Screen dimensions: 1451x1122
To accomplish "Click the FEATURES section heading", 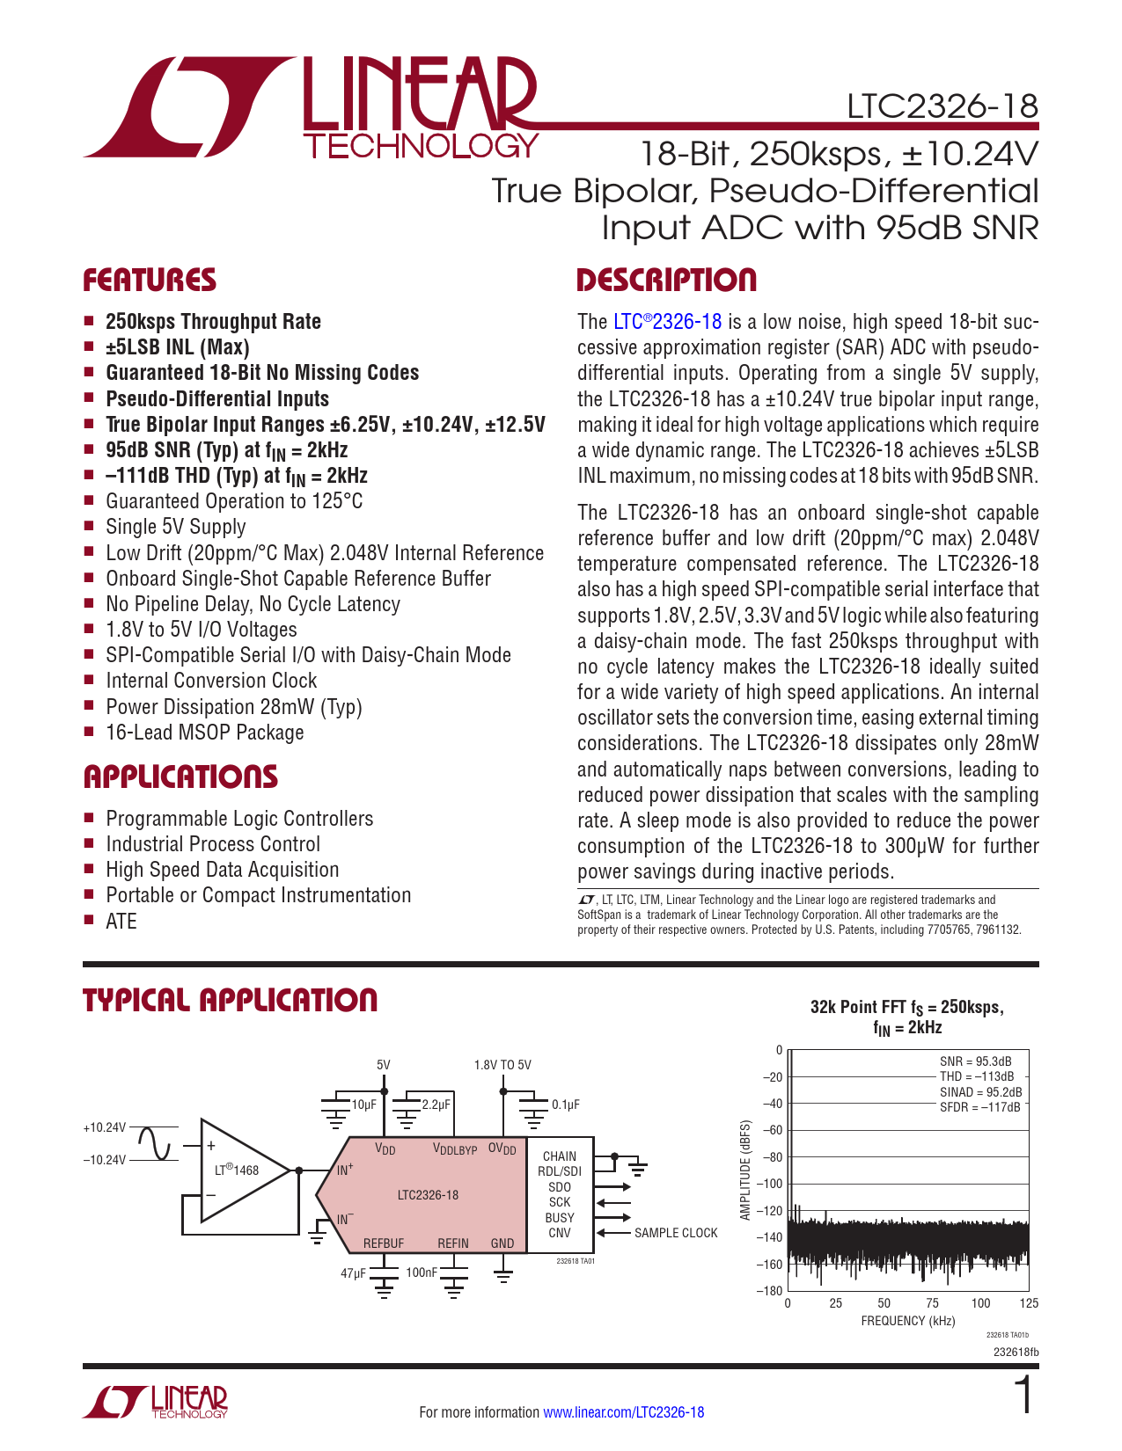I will tap(150, 281).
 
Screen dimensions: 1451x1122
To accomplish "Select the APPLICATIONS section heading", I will tap(180, 777).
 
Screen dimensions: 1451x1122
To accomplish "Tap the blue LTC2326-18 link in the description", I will tap(667, 322).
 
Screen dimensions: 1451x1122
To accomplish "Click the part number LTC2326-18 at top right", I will tap(942, 106).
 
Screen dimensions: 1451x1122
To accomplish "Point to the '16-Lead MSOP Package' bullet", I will tap(204, 733).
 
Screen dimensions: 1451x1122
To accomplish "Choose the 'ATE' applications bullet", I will tap(121, 921).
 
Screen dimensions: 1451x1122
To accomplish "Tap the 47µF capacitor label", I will tap(353, 1272).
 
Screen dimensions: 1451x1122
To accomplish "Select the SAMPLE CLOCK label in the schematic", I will tap(676, 1233).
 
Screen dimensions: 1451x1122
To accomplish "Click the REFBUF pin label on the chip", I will tap(384, 1243).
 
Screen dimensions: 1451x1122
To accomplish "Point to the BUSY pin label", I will tap(560, 1218).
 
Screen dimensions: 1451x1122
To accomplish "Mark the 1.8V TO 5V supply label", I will tap(502, 1065).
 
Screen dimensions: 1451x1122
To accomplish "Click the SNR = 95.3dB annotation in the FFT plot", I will tap(975, 1061).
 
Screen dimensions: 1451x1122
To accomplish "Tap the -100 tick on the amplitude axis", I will tap(771, 1184).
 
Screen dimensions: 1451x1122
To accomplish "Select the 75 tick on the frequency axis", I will tap(932, 1303).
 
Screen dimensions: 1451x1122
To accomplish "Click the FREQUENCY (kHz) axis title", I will tap(907, 1321).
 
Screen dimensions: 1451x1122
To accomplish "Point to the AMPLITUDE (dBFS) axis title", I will tap(745, 1170).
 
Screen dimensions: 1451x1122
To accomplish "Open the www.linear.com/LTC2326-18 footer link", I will tap(623, 1412).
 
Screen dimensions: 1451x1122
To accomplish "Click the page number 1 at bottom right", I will tap(1023, 1396).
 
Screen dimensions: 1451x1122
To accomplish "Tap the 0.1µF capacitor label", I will tap(566, 1105).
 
